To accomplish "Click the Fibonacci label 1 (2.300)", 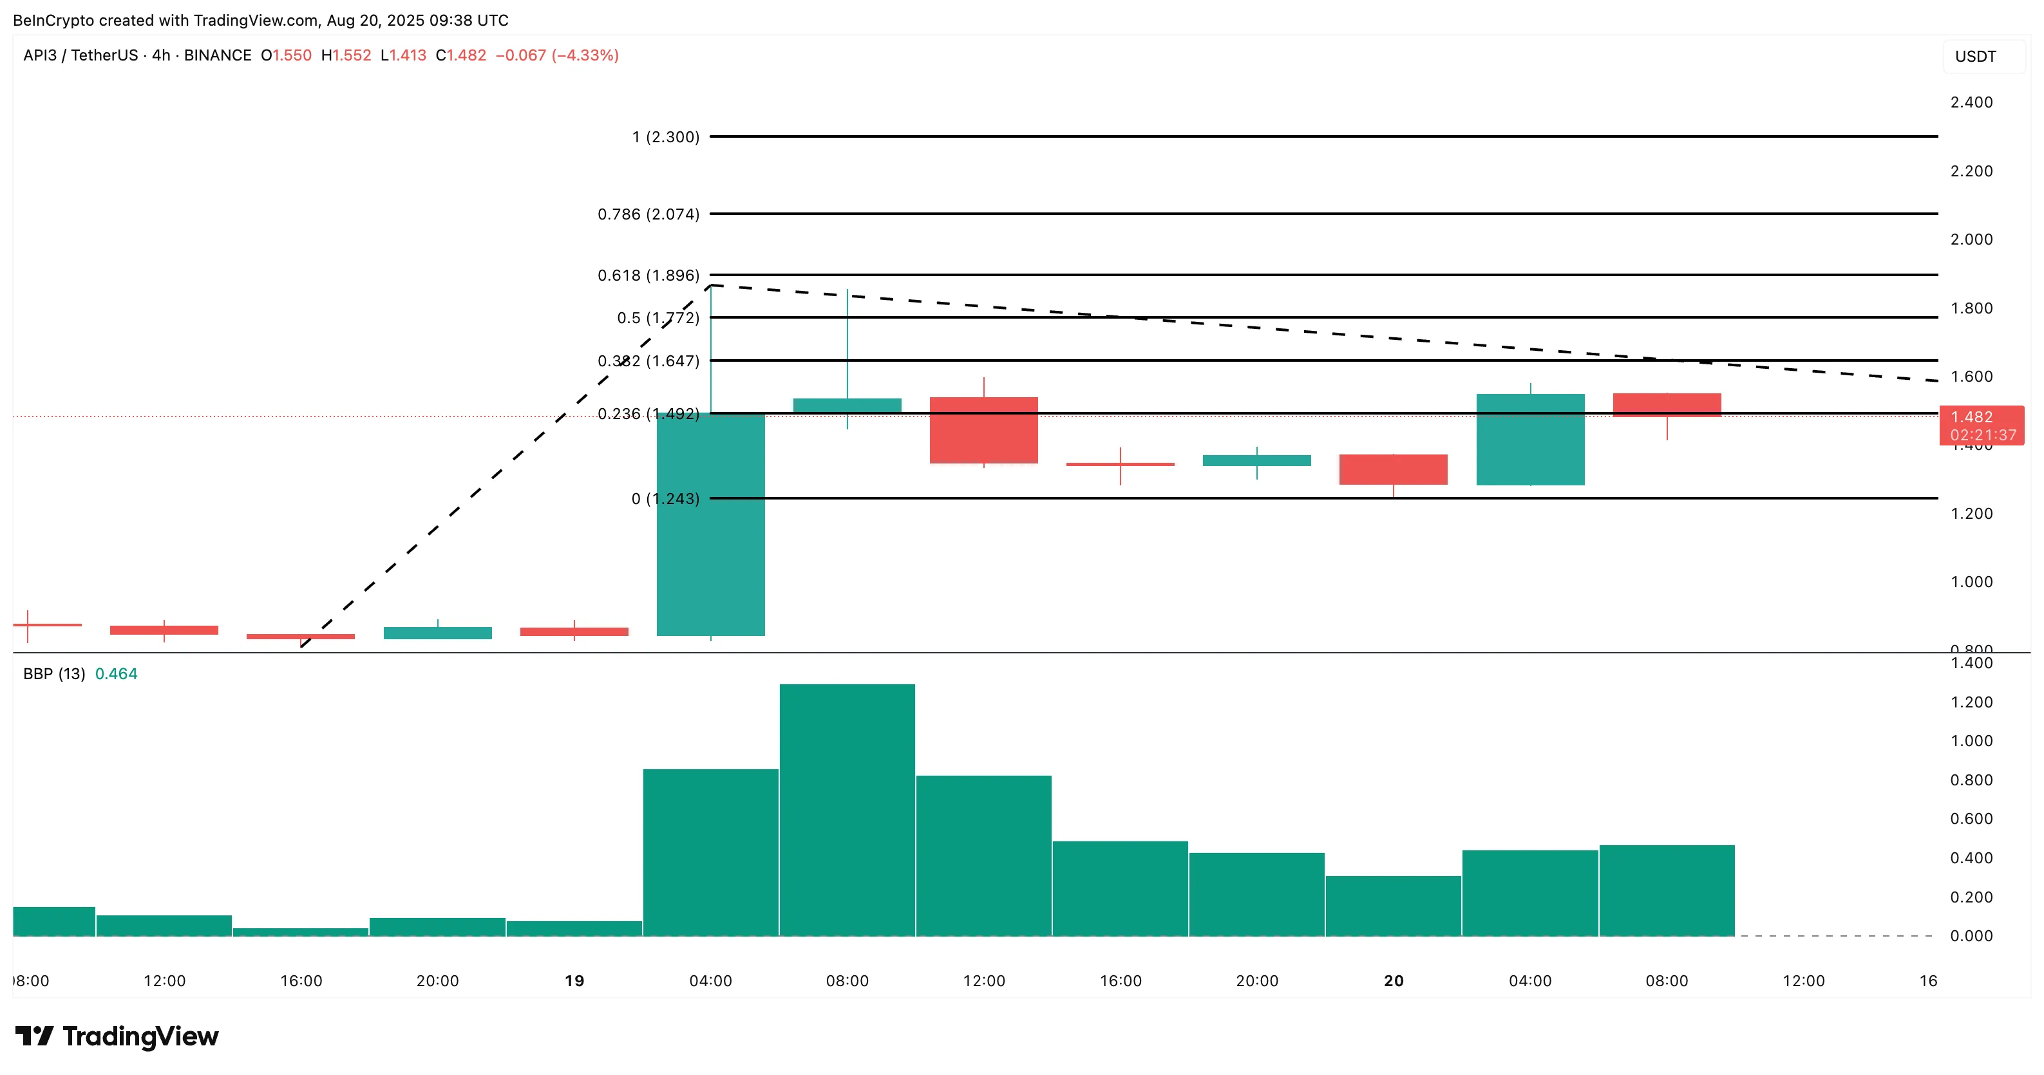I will (665, 137).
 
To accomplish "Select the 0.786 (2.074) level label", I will (648, 214).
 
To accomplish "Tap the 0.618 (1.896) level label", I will (648, 276).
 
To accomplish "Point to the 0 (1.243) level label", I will (665, 499).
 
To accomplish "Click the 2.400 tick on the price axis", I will (1971, 102).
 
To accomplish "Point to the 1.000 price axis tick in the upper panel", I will (1971, 581).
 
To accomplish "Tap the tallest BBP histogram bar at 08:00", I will (847, 809).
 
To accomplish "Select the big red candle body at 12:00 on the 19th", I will (983, 430).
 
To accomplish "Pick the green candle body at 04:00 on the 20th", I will (1530, 440).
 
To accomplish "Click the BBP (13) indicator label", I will (54, 673).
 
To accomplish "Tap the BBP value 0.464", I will (116, 673).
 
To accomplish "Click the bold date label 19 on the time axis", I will (574, 980).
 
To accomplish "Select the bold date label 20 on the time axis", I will (1394, 980).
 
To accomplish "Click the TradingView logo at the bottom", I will (117, 1036).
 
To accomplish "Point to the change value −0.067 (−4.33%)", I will (556, 55).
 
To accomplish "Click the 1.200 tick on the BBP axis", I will (1971, 702).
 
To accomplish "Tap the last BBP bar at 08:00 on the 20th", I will (1667, 890).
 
